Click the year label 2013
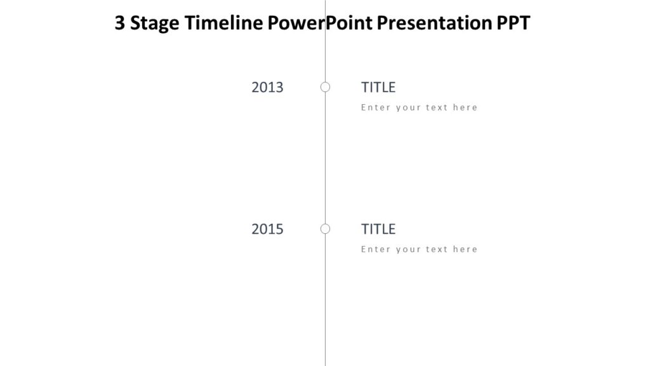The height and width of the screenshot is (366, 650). coord(267,88)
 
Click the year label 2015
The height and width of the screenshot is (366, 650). coord(267,229)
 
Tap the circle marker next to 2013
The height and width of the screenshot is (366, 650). coord(325,87)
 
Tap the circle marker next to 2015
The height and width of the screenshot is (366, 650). coord(325,229)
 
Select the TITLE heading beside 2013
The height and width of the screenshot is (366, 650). coord(378,88)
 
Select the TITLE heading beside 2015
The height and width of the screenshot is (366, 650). coord(378,229)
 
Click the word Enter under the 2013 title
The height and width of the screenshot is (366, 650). coord(376,107)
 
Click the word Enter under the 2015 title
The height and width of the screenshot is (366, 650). coord(376,249)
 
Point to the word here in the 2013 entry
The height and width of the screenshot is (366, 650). coord(465,107)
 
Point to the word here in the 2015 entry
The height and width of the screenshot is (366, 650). coord(465,249)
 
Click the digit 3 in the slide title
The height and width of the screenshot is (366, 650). coord(120,24)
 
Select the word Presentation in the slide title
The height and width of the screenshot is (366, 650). coord(433,24)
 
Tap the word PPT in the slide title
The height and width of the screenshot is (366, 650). coord(512,24)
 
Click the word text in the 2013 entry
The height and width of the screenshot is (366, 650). coord(437,107)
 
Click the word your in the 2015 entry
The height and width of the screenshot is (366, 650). coord(408,249)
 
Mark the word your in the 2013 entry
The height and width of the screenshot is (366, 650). coord(408,107)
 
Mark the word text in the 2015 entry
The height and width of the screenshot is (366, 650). coord(437,249)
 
